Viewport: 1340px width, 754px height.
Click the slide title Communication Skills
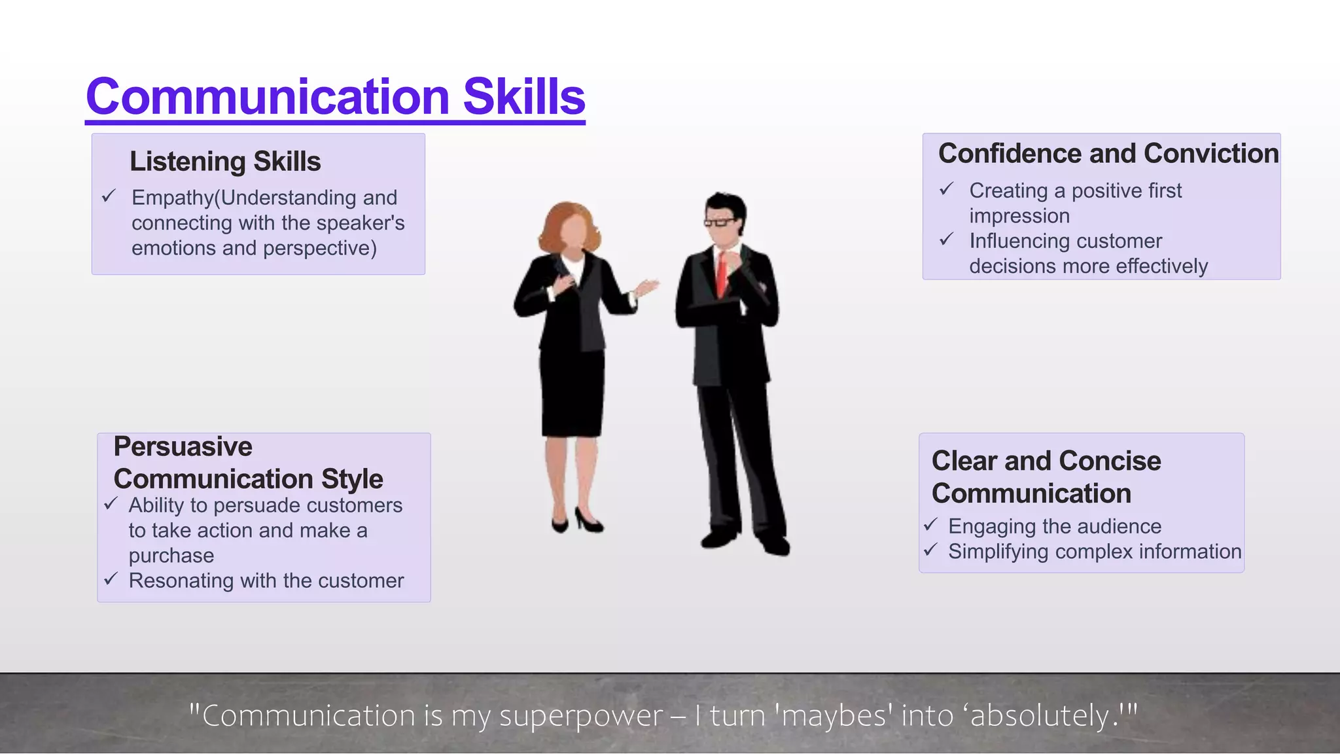(335, 97)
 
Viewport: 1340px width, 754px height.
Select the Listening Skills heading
(225, 162)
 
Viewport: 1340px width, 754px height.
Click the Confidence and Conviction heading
(1108, 154)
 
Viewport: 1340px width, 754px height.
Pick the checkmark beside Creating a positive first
(947, 189)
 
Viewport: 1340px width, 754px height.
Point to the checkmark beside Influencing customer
(947, 240)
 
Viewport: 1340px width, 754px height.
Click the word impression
(1019, 216)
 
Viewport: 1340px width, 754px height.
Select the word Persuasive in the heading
(183, 447)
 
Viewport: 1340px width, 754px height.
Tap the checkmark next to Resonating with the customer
(111, 579)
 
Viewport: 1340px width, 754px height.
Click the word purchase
(171, 556)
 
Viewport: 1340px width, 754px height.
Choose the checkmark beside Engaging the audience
(931, 525)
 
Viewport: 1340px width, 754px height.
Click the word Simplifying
(998, 552)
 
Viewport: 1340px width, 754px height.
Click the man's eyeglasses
(720, 223)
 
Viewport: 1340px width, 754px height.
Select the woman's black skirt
(573, 393)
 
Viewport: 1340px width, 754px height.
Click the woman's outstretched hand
(648, 287)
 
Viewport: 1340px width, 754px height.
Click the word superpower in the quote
(581, 715)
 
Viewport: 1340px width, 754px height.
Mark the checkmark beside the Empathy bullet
(109, 196)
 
